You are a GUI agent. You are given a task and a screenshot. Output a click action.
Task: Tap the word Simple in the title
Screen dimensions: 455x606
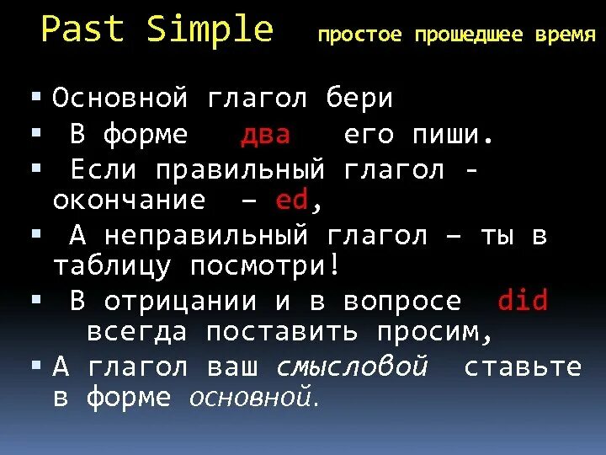point(210,30)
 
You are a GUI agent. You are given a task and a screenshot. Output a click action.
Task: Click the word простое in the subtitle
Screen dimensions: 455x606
point(360,35)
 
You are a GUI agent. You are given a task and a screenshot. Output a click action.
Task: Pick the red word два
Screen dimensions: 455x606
point(266,135)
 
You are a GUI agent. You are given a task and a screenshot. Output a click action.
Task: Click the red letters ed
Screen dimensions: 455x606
point(293,201)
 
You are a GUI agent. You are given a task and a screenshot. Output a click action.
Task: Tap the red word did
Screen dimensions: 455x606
point(523,301)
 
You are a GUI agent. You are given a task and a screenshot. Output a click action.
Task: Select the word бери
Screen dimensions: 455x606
point(360,99)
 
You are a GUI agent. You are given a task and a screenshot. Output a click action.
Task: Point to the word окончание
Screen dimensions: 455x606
point(129,201)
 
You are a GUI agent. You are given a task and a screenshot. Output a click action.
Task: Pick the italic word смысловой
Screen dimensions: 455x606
point(352,367)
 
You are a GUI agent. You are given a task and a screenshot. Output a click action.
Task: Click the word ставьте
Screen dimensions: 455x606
point(523,367)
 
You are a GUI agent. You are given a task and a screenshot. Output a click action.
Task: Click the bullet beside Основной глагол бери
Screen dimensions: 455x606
point(35,98)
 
